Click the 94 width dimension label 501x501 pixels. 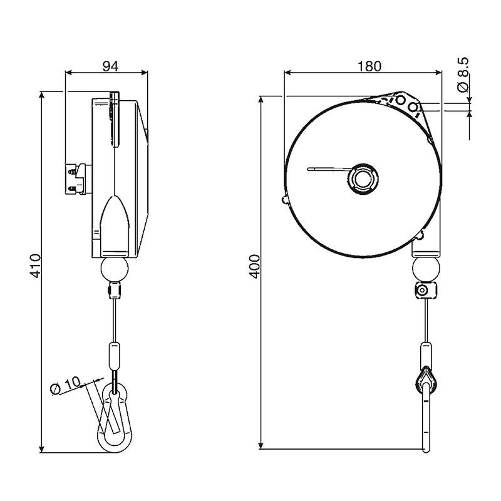(x=110, y=66)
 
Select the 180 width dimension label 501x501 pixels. (x=369, y=66)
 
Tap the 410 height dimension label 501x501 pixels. (x=36, y=265)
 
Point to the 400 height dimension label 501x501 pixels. (x=255, y=267)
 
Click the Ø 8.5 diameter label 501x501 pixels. (x=463, y=75)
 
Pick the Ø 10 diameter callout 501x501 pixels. (x=66, y=385)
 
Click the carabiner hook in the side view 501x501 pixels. (x=115, y=418)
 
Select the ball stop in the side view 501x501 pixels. (x=115, y=270)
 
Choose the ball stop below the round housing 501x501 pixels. (x=425, y=270)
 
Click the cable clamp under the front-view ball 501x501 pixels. (x=425, y=291)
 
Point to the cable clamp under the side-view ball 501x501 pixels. (x=115, y=290)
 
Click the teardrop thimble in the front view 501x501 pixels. (x=426, y=382)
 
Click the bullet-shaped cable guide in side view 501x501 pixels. (x=115, y=227)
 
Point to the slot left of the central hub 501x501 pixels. (x=328, y=169)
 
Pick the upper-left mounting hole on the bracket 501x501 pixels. (x=400, y=100)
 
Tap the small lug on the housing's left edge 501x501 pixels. (x=285, y=199)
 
